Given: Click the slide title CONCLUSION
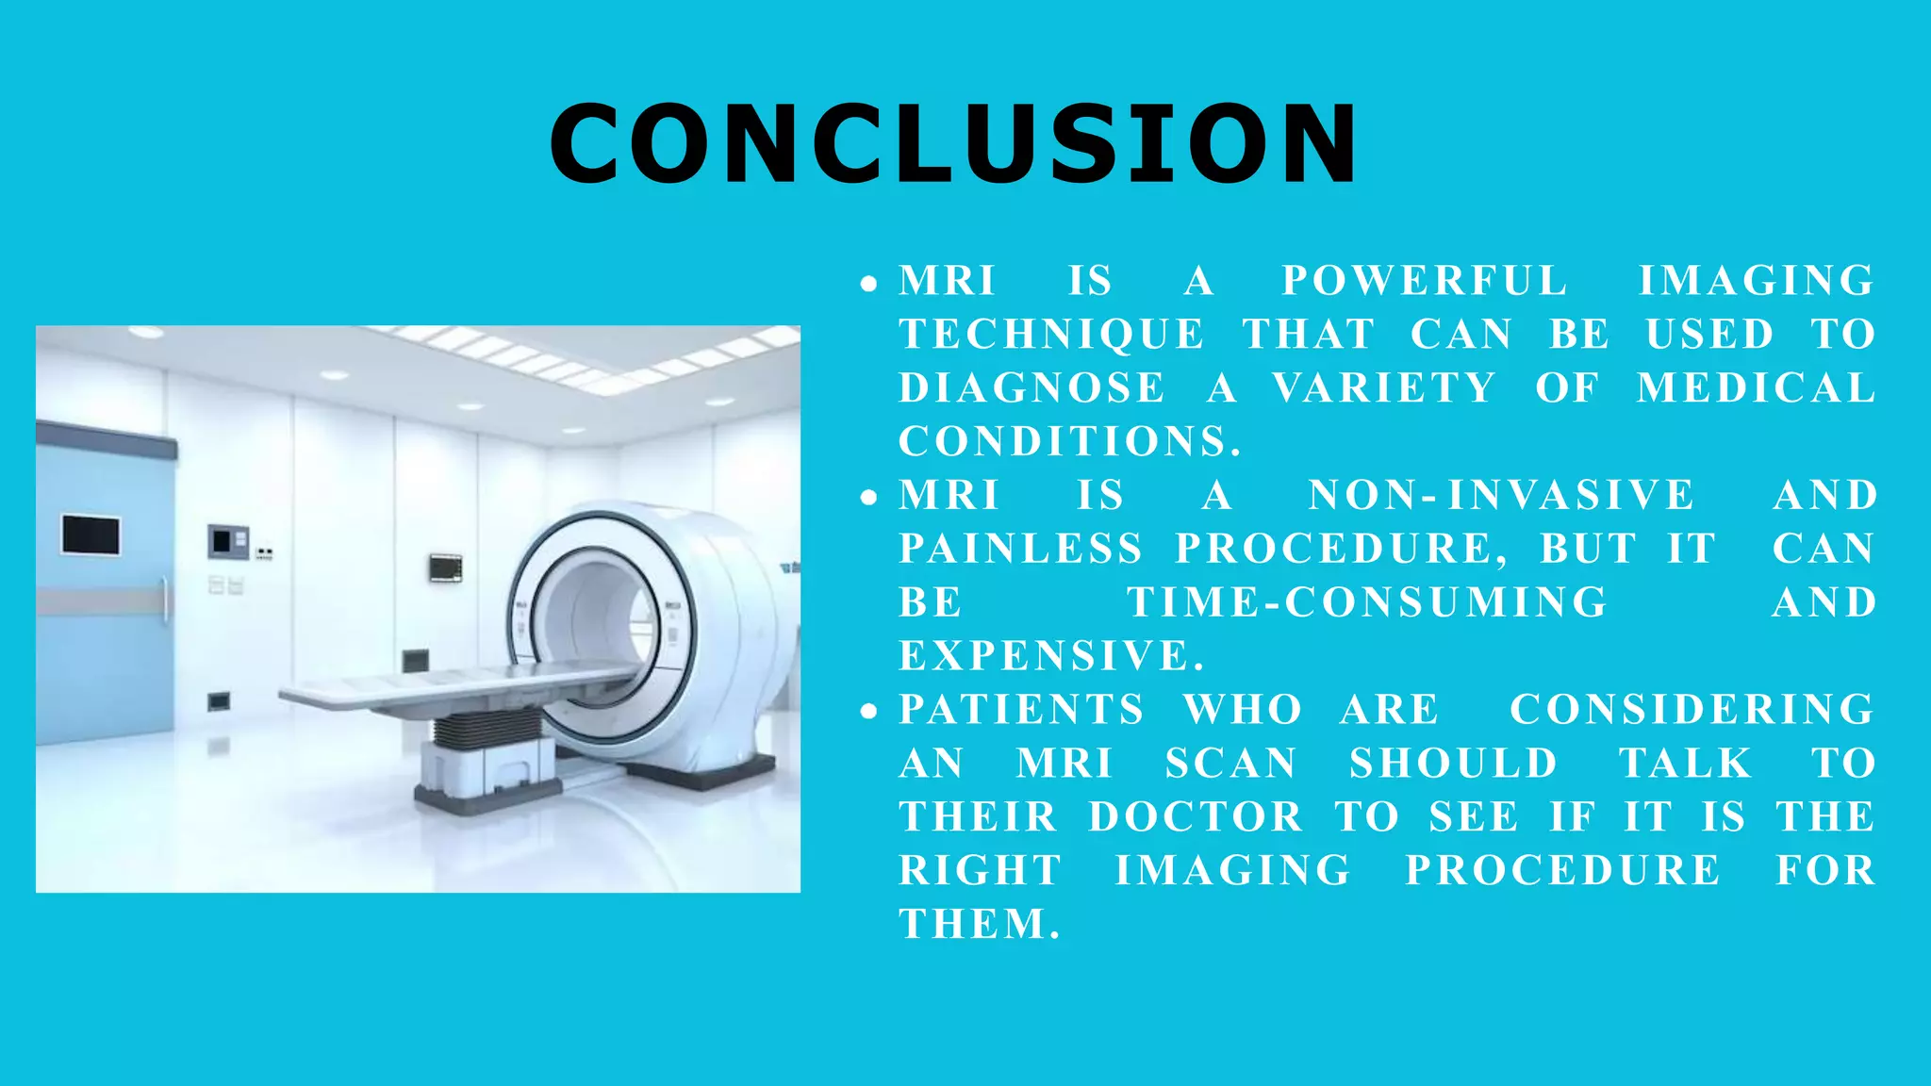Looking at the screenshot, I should (x=953, y=143).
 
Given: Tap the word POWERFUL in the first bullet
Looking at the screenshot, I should (x=1424, y=281).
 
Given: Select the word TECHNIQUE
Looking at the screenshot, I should (x=1051, y=335).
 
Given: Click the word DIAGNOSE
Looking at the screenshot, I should (x=1032, y=388).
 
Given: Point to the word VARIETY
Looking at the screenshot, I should (x=1383, y=388).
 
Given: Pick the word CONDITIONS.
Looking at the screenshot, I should (x=1068, y=442).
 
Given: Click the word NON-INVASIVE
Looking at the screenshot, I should (x=1501, y=496).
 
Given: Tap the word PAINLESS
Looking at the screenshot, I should (x=1021, y=550).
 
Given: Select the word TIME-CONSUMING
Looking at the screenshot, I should (x=1367, y=603).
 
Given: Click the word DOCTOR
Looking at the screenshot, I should (x=1196, y=817).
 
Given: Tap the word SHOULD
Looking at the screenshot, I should (x=1453, y=764).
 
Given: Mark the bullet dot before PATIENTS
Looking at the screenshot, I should (x=868, y=712).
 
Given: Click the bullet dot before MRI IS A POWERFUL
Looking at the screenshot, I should (x=868, y=283).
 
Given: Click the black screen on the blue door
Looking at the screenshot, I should (x=91, y=535).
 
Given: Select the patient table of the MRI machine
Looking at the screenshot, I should (x=453, y=688).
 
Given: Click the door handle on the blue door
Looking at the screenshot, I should (x=165, y=599).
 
